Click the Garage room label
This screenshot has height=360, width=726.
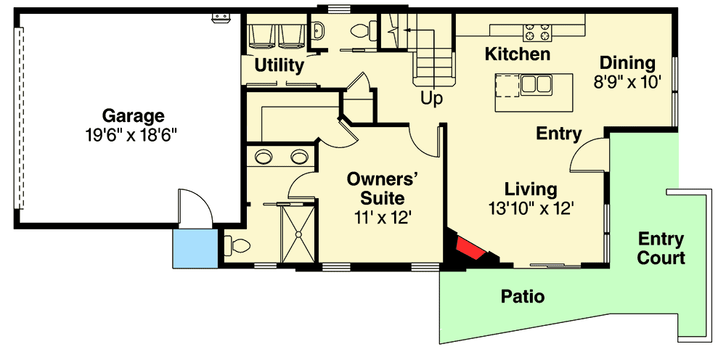click(133, 115)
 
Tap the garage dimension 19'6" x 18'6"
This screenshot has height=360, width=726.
click(133, 134)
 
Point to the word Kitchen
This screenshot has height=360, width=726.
click(517, 54)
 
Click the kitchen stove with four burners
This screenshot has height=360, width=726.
click(538, 32)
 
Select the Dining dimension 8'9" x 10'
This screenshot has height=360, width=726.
click(627, 82)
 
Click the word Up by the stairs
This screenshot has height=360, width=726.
click(432, 99)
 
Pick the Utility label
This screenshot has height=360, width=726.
click(279, 66)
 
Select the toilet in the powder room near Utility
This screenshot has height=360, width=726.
click(360, 31)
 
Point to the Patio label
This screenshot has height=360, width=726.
click(523, 296)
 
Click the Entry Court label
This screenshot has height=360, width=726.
click(661, 248)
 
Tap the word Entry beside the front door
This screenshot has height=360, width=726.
click(559, 134)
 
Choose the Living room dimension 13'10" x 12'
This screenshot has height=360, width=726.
click(531, 208)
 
